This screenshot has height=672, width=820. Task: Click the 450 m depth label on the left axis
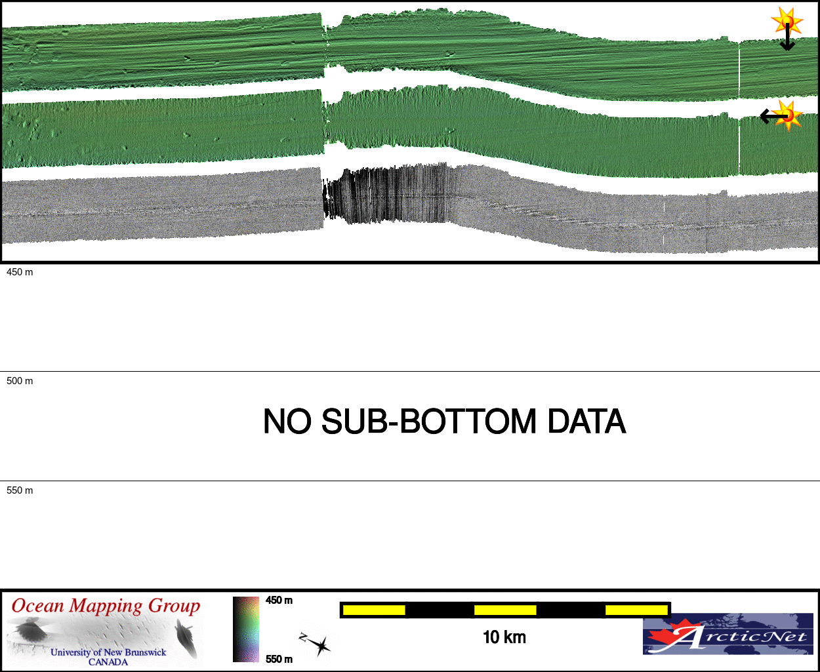20,272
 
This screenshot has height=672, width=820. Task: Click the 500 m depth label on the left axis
20,381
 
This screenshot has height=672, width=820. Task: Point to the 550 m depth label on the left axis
20,490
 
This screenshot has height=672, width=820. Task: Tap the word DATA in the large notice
586,422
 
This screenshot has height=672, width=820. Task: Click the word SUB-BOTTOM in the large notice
429,422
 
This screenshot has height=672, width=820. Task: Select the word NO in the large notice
287,422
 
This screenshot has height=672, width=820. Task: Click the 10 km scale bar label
504,637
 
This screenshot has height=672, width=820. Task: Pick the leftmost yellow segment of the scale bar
374,610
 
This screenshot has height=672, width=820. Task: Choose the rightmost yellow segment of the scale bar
636,610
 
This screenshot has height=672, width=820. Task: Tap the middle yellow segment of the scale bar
506,610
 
